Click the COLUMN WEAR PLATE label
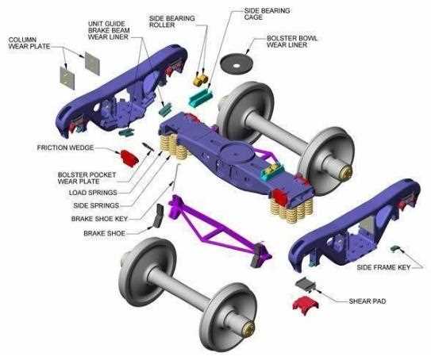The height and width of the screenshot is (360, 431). click(29, 43)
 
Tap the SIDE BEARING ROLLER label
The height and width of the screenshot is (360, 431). click(171, 21)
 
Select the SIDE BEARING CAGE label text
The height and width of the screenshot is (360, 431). click(267, 13)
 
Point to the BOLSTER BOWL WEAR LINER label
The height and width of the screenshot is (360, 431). click(292, 41)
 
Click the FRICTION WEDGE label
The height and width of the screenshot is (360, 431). click(65, 147)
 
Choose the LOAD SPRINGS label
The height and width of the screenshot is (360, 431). click(93, 193)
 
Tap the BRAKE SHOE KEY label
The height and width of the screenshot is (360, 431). click(99, 219)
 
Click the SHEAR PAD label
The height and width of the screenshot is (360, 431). click(368, 301)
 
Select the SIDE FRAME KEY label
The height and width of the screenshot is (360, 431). click(383, 267)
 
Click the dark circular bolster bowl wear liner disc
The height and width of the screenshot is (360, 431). click(237, 64)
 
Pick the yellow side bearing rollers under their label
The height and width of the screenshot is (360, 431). click(200, 80)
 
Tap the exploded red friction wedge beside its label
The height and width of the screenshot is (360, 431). click(128, 158)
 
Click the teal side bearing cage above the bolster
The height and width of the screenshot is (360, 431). click(200, 97)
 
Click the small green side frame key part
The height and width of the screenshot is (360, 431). click(395, 248)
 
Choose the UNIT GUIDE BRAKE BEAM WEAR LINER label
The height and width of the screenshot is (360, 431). click(109, 30)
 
